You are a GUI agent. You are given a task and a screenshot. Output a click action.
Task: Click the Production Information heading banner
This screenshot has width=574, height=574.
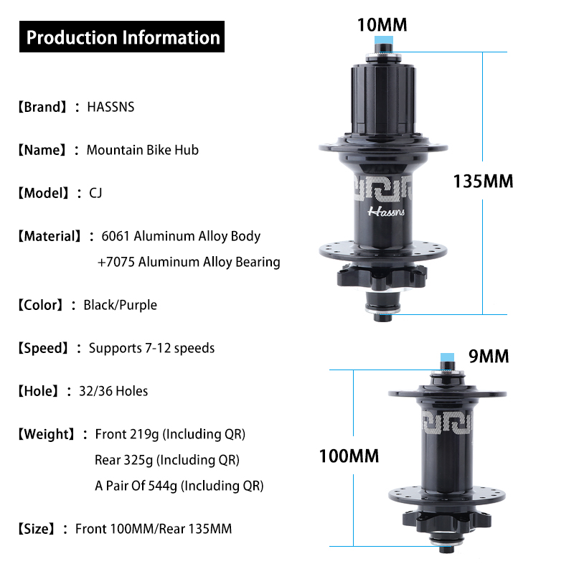tap(123, 37)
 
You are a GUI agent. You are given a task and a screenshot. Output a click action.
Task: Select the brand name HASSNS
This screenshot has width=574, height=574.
tap(110, 107)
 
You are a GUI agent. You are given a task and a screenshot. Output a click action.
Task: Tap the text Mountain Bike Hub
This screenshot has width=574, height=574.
tap(142, 150)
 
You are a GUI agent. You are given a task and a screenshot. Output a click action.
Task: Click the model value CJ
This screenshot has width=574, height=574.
tap(95, 193)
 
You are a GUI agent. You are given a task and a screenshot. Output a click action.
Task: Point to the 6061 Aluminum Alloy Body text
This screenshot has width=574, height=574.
tap(181, 236)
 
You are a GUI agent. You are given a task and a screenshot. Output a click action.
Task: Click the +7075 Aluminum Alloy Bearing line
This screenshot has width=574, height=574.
tap(188, 262)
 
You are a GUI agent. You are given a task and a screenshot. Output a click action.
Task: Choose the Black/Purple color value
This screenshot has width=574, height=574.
tap(120, 305)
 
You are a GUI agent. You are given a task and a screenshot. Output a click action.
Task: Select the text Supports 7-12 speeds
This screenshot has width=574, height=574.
tap(151, 348)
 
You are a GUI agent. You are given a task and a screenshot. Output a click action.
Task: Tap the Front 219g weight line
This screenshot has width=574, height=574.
tap(170, 434)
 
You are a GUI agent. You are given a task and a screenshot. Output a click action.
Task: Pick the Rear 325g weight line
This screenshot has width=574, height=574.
tap(166, 460)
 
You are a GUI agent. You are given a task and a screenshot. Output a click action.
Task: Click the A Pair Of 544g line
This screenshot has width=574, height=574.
tap(179, 486)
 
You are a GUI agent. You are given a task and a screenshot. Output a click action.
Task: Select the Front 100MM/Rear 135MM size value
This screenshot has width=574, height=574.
tap(154, 529)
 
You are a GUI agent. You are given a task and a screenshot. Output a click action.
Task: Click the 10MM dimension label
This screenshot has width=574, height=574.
tap(382, 25)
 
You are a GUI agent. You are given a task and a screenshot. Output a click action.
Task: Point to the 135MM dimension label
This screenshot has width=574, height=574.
tap(483, 181)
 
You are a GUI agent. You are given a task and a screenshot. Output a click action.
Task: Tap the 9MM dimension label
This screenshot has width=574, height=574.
tap(488, 356)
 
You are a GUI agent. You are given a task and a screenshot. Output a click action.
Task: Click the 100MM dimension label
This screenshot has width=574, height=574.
tap(349, 456)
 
